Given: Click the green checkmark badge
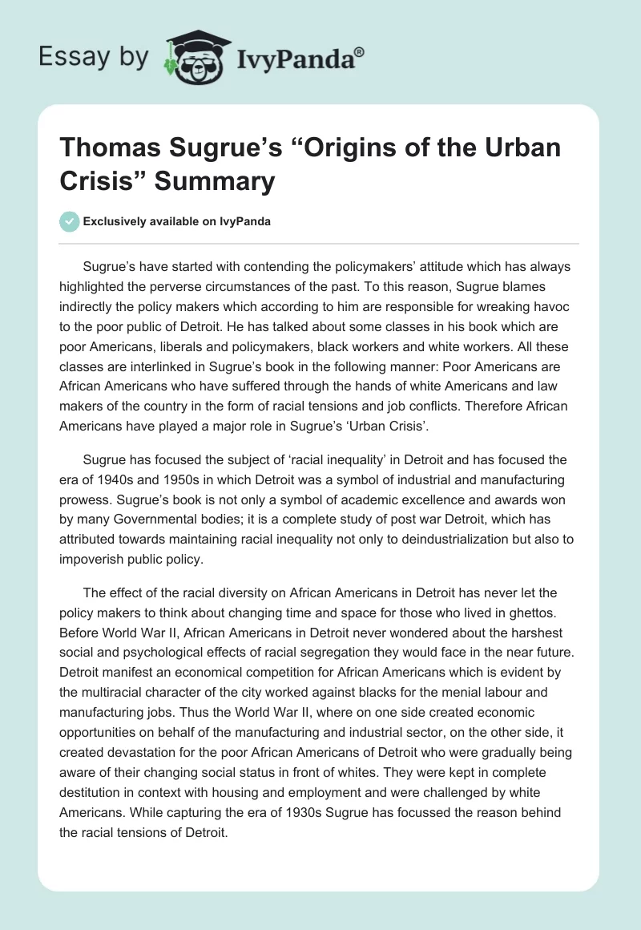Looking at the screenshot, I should click(x=69, y=221).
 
